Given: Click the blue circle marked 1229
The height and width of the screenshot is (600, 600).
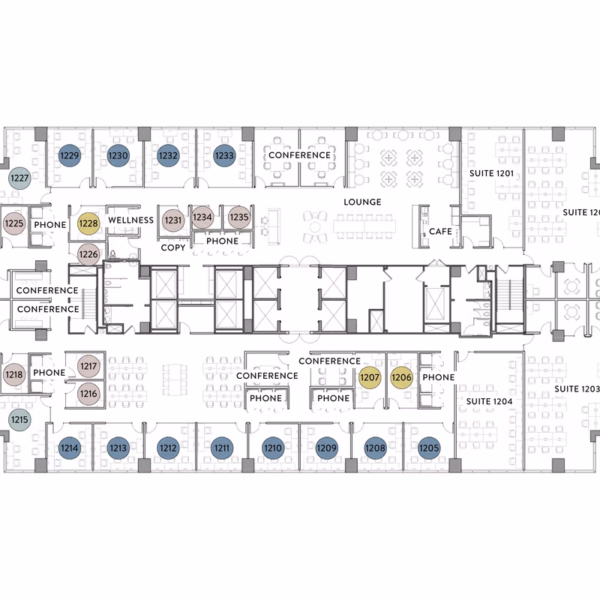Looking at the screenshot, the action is point(70,155).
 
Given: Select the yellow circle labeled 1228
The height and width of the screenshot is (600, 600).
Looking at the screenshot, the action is point(88,223).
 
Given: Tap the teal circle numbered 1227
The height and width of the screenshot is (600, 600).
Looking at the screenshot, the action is point(19,178).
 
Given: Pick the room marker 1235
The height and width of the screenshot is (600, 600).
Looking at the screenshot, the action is point(239,217).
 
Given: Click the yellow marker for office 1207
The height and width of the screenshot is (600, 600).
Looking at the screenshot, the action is point(370,377).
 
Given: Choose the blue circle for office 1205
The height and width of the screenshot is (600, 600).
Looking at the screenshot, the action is point(429,448).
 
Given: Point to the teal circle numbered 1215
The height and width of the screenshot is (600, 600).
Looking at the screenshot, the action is point(19,419).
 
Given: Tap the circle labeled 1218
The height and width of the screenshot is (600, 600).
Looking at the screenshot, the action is point(14,374).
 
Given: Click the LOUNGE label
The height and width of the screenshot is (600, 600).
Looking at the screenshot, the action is point(362,202).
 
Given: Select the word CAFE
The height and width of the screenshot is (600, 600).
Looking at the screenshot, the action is point(440,232).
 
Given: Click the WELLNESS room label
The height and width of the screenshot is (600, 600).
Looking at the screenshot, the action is point(130,220).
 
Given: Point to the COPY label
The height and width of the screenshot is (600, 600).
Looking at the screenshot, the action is point(173,247).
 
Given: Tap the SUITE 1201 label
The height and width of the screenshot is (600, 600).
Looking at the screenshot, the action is point(491,173).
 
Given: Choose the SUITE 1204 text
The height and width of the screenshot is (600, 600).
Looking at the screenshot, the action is point(489,401).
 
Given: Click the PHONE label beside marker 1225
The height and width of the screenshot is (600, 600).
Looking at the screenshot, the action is point(50,224).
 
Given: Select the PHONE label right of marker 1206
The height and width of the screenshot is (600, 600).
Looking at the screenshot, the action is point(439,377).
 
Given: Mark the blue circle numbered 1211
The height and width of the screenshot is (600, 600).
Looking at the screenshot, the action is point(222,448).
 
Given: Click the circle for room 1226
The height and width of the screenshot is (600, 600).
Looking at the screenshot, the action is point(88,254).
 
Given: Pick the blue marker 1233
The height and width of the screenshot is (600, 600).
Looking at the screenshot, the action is point(224,155).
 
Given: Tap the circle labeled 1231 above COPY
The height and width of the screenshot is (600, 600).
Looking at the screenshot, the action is point(173,220).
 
